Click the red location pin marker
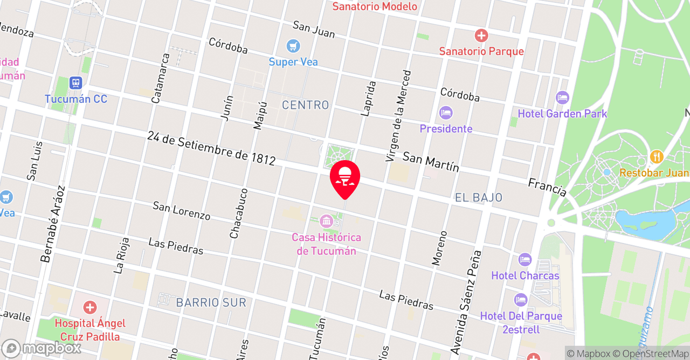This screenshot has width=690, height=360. [345, 178]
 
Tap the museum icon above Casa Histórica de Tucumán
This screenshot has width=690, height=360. [326, 220]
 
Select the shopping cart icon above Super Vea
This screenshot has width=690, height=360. [293, 46]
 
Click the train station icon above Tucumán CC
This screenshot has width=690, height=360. [75, 83]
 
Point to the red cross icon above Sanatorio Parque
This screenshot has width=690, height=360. [481, 36]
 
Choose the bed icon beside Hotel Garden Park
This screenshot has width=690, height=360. [562, 98]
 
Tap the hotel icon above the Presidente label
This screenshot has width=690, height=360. [446, 113]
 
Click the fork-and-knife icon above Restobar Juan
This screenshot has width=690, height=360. [656, 157]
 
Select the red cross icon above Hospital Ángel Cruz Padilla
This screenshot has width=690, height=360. [90, 308]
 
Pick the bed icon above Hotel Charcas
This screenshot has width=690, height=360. [525, 260]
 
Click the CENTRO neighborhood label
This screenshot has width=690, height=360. [305, 105]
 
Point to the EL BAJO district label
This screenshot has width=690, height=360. [479, 198]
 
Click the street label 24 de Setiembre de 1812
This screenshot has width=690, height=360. [211, 148]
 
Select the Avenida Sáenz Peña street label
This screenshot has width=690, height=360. [465, 302]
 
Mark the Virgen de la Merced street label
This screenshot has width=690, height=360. [398, 116]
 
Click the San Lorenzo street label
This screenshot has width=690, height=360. [181, 210]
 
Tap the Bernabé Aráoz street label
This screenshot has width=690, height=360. [52, 224]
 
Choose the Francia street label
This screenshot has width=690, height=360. [547, 188]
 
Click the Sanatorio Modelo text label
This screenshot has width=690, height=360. [375, 6]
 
